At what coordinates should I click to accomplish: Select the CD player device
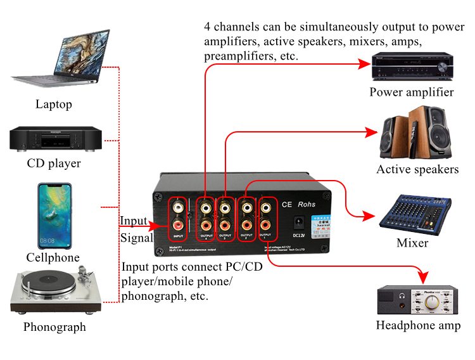tap(56, 138)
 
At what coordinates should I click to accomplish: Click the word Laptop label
tap(54, 105)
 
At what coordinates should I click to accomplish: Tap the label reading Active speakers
tap(417, 169)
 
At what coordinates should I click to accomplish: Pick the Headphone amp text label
tap(418, 326)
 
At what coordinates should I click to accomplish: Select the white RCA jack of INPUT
tap(178, 207)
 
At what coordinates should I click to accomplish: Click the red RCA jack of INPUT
tap(178, 224)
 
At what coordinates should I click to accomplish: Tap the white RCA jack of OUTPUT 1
tap(266, 207)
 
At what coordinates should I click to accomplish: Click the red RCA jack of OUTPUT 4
tap(206, 224)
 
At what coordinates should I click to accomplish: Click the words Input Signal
tap(135, 229)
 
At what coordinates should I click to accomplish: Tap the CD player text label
tap(54, 164)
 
